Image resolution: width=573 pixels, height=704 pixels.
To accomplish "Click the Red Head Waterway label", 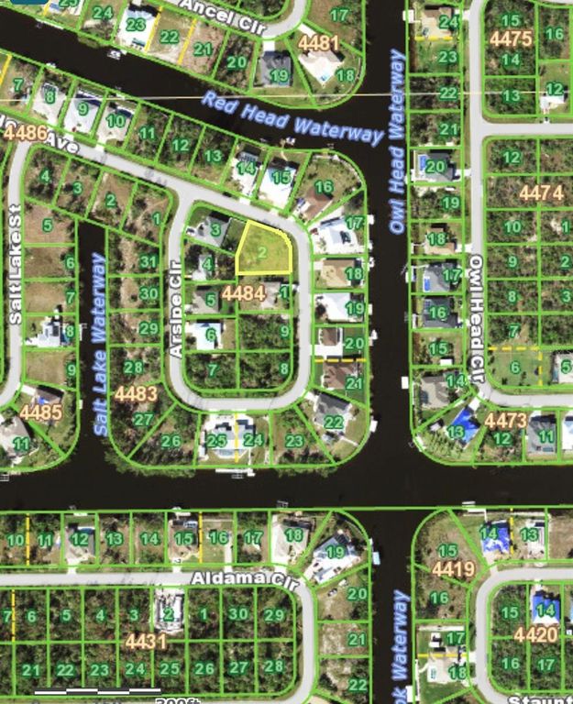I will point(292,117).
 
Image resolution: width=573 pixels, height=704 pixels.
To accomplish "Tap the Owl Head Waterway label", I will point(398,142).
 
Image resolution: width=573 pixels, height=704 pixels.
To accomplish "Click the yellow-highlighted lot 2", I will point(264,249).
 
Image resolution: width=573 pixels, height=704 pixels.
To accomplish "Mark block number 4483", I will point(136,394).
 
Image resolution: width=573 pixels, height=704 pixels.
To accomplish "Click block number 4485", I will point(41,412).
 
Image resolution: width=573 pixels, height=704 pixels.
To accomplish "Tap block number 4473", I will point(506,421).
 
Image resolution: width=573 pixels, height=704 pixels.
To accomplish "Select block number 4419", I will point(454,569).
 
